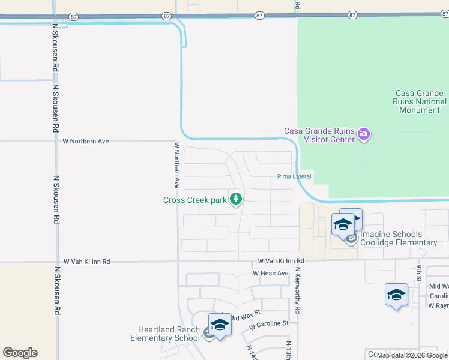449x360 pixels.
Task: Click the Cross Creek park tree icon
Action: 236,199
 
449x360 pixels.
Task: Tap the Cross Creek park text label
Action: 195,200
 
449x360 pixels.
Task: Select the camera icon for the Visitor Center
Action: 363,134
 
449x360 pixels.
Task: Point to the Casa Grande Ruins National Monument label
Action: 420,101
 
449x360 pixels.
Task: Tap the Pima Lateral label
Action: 294,176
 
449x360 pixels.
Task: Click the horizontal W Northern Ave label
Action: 86,142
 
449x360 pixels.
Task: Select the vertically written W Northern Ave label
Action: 177,165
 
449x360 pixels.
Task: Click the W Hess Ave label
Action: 271,274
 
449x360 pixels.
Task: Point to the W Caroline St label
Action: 269,323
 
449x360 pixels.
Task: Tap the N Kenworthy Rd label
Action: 297,291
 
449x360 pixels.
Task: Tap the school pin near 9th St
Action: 396,295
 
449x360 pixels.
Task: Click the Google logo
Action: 20,353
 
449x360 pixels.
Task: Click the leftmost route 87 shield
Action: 74,16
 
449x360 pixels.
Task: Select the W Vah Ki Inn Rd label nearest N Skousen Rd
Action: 86,262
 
